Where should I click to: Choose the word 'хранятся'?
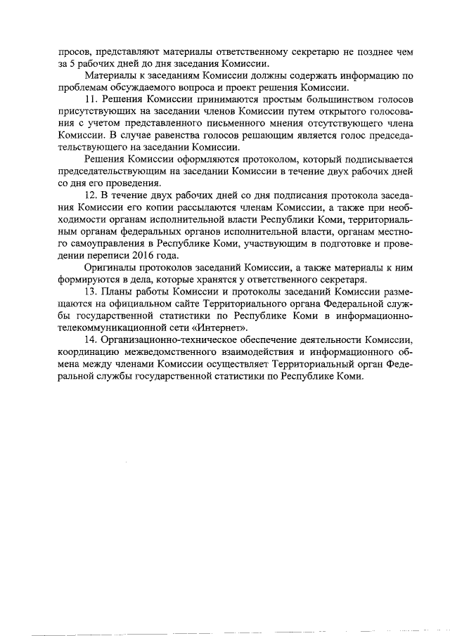[210, 280]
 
